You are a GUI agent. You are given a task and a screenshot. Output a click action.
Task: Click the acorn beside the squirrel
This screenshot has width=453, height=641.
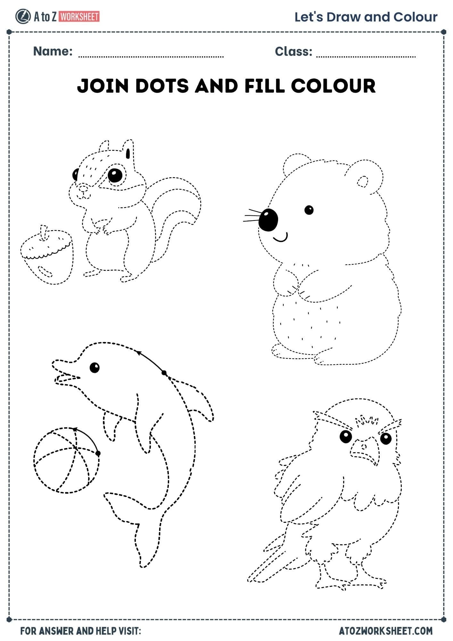point(47,256)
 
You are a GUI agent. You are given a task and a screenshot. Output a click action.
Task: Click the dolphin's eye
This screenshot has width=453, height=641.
point(95,367)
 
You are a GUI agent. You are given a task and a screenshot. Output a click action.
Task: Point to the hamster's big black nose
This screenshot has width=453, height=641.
point(268,220)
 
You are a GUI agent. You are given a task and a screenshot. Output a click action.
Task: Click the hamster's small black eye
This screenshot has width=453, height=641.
point(309,210)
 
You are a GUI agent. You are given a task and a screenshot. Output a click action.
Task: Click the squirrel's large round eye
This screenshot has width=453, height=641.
point(115,175)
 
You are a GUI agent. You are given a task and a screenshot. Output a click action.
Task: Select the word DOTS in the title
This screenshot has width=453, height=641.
point(162,86)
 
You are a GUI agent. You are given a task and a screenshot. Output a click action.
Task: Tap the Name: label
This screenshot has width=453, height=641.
point(53,51)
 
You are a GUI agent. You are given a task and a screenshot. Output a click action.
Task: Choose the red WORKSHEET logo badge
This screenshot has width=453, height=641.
point(79,16)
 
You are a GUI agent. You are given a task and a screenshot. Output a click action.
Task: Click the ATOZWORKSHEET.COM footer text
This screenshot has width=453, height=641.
point(386,631)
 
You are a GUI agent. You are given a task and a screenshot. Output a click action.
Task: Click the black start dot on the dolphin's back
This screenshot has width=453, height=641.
point(164,373)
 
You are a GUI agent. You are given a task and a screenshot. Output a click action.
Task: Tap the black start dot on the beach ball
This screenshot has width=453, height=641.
point(98,453)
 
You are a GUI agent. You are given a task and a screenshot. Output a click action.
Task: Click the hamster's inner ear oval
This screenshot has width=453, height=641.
point(363,182)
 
